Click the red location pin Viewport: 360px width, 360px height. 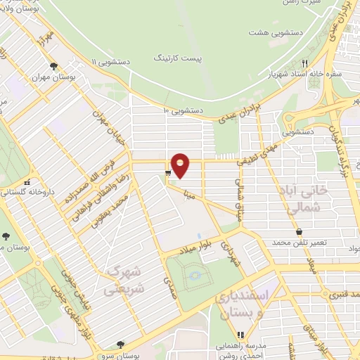pyautogui.click(x=181, y=165)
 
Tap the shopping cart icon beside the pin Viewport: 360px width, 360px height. pyautogui.click(x=167, y=172)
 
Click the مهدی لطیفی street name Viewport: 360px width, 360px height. pyautogui.click(x=258, y=151)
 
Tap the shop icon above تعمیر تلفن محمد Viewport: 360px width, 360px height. pyautogui.click(x=300, y=231)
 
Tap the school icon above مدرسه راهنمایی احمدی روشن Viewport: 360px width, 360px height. pyautogui.click(x=240, y=334)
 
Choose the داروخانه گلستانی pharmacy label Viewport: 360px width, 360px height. pyautogui.click(x=22, y=191)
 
